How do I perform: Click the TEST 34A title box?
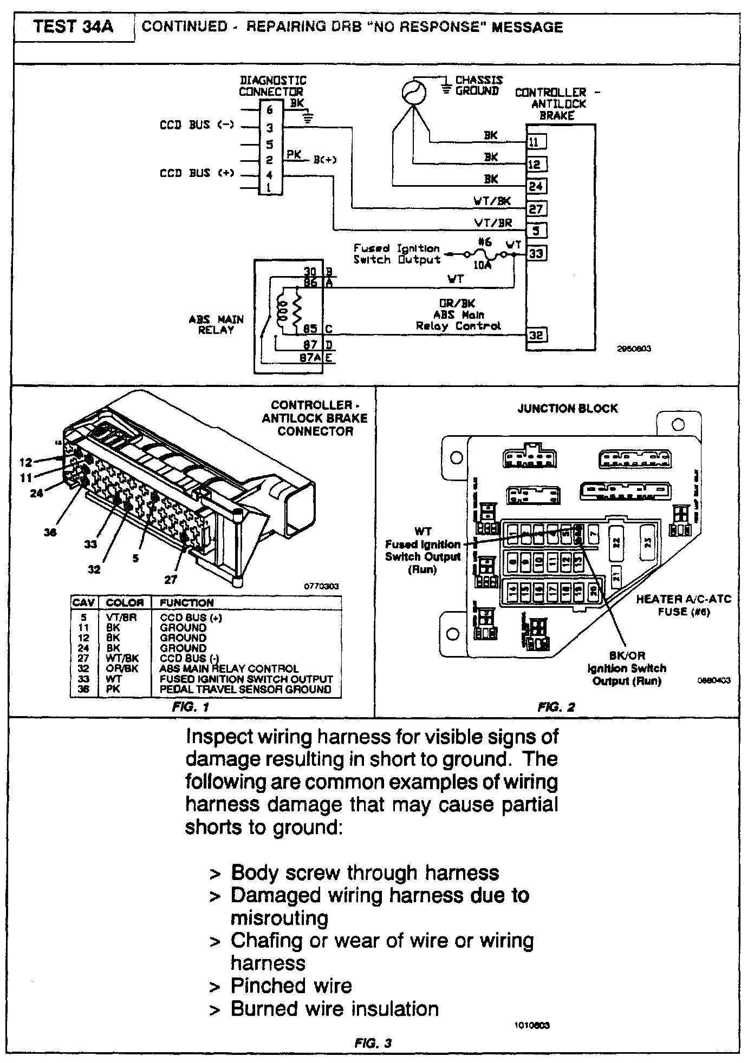click(74, 27)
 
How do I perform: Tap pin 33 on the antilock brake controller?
click(536, 253)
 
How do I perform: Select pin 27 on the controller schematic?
click(536, 208)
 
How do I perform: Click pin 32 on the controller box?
click(536, 335)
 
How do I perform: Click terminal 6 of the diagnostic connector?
click(269, 110)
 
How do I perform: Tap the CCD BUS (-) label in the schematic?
click(197, 125)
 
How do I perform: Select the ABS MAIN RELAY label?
click(216, 324)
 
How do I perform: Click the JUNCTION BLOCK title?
click(568, 409)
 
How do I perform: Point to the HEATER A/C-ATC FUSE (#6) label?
click(683, 605)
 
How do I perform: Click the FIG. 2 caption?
click(556, 707)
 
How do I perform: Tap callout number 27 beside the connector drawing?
click(171, 580)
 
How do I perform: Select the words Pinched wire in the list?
click(291, 986)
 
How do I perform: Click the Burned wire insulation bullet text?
click(334, 1009)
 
